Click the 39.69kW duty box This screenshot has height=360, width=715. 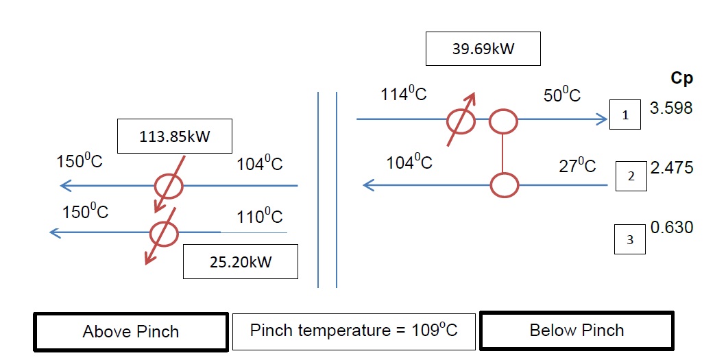[483, 49]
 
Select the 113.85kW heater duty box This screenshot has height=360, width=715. [175, 136]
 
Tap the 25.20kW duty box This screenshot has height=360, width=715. [240, 262]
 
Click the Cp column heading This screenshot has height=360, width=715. [681, 78]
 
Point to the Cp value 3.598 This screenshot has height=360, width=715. [671, 108]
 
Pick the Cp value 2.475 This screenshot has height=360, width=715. [671, 167]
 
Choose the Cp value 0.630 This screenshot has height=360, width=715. [672, 227]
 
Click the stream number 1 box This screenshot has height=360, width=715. [625, 115]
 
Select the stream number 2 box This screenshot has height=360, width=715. [631, 176]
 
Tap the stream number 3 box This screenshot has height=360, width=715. [629, 239]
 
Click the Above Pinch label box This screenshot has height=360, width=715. [131, 332]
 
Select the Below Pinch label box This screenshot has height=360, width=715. [576, 331]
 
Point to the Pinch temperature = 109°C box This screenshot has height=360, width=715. [353, 331]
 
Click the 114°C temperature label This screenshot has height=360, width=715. [404, 95]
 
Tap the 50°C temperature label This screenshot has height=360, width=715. [562, 95]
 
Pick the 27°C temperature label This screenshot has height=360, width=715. [577, 166]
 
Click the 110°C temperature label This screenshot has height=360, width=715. [260, 217]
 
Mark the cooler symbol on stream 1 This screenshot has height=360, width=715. [461, 121]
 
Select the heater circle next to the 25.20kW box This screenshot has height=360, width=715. [164, 233]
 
